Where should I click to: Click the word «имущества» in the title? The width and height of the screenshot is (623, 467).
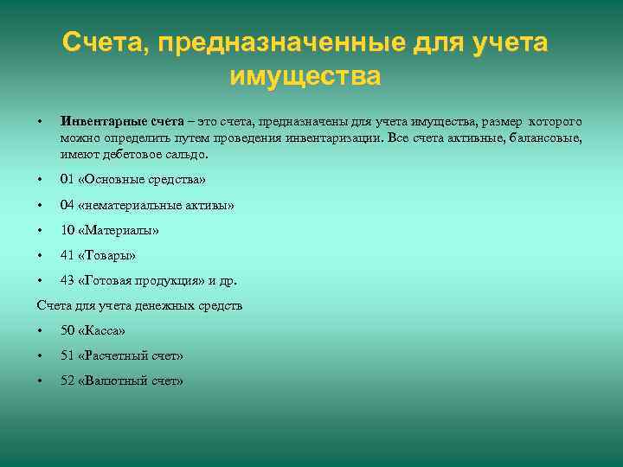click(x=305, y=76)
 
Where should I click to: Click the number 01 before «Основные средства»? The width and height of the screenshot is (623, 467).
click(x=67, y=180)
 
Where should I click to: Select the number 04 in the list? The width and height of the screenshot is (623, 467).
click(x=67, y=205)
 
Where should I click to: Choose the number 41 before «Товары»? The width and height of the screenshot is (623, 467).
click(x=67, y=255)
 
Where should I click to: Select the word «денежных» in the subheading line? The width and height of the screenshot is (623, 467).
click(x=173, y=305)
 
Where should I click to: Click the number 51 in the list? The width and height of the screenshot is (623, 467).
click(x=67, y=355)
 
